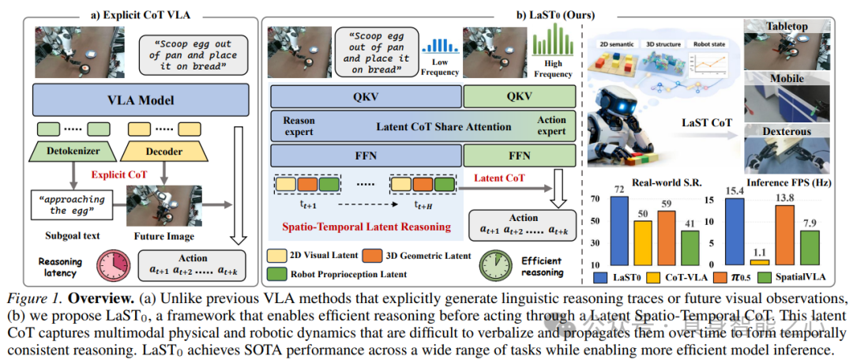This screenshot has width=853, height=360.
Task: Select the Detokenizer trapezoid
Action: tap(73, 150)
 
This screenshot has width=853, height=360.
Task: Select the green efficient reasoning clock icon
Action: tap(496, 261)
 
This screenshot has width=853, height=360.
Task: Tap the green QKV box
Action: tap(520, 96)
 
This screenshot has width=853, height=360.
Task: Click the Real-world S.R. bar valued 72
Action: tap(619, 230)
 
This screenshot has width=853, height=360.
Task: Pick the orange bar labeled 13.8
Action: tap(785, 234)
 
